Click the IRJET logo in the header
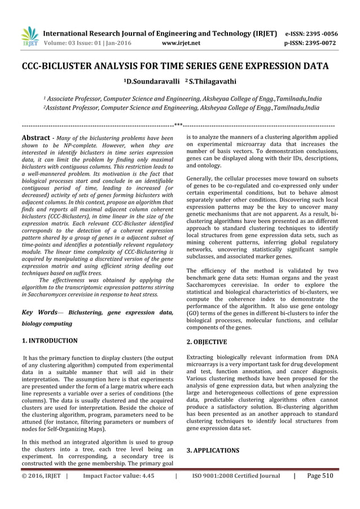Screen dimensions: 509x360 pos(29,34)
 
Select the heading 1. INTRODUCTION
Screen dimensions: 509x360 pos(50,341)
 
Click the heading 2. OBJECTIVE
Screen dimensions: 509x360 pos(207,342)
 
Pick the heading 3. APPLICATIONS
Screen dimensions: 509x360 pos(213,450)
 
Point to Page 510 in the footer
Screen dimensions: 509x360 pos(320,476)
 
